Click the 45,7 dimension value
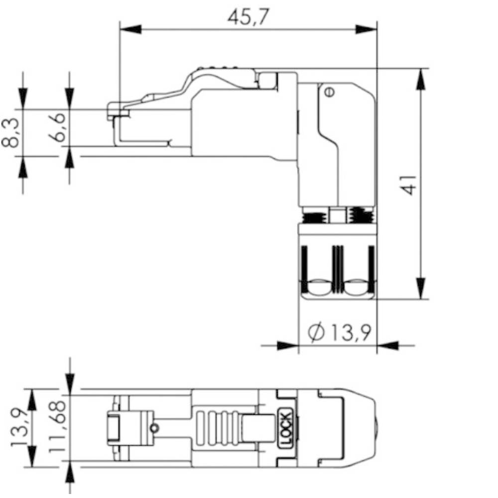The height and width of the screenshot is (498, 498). pos(249,16)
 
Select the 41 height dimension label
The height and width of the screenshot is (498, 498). pos(408,185)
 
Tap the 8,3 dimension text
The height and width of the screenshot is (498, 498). pos(10,133)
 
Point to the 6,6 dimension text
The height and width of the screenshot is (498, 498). pos(57,127)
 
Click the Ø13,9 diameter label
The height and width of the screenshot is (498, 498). pos(339,332)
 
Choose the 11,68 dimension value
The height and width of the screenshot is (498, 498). pos(57,427)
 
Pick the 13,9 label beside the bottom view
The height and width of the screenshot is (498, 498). pos(19,427)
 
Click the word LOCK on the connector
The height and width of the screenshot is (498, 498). pos(285,428)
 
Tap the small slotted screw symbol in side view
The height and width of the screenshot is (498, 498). pos(330,92)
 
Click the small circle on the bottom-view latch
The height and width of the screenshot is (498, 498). pos(154,428)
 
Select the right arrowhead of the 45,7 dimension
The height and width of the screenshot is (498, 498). pos(366,29)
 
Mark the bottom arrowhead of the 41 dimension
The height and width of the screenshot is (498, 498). pos(420,288)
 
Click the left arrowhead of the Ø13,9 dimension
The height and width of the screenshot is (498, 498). pos(288,346)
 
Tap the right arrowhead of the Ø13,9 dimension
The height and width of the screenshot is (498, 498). pos(388,346)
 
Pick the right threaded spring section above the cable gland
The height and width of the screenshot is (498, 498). pos(361,215)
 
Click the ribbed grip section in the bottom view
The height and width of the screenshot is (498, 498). pos(218,428)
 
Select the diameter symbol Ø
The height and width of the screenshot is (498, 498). pos(316,332)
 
